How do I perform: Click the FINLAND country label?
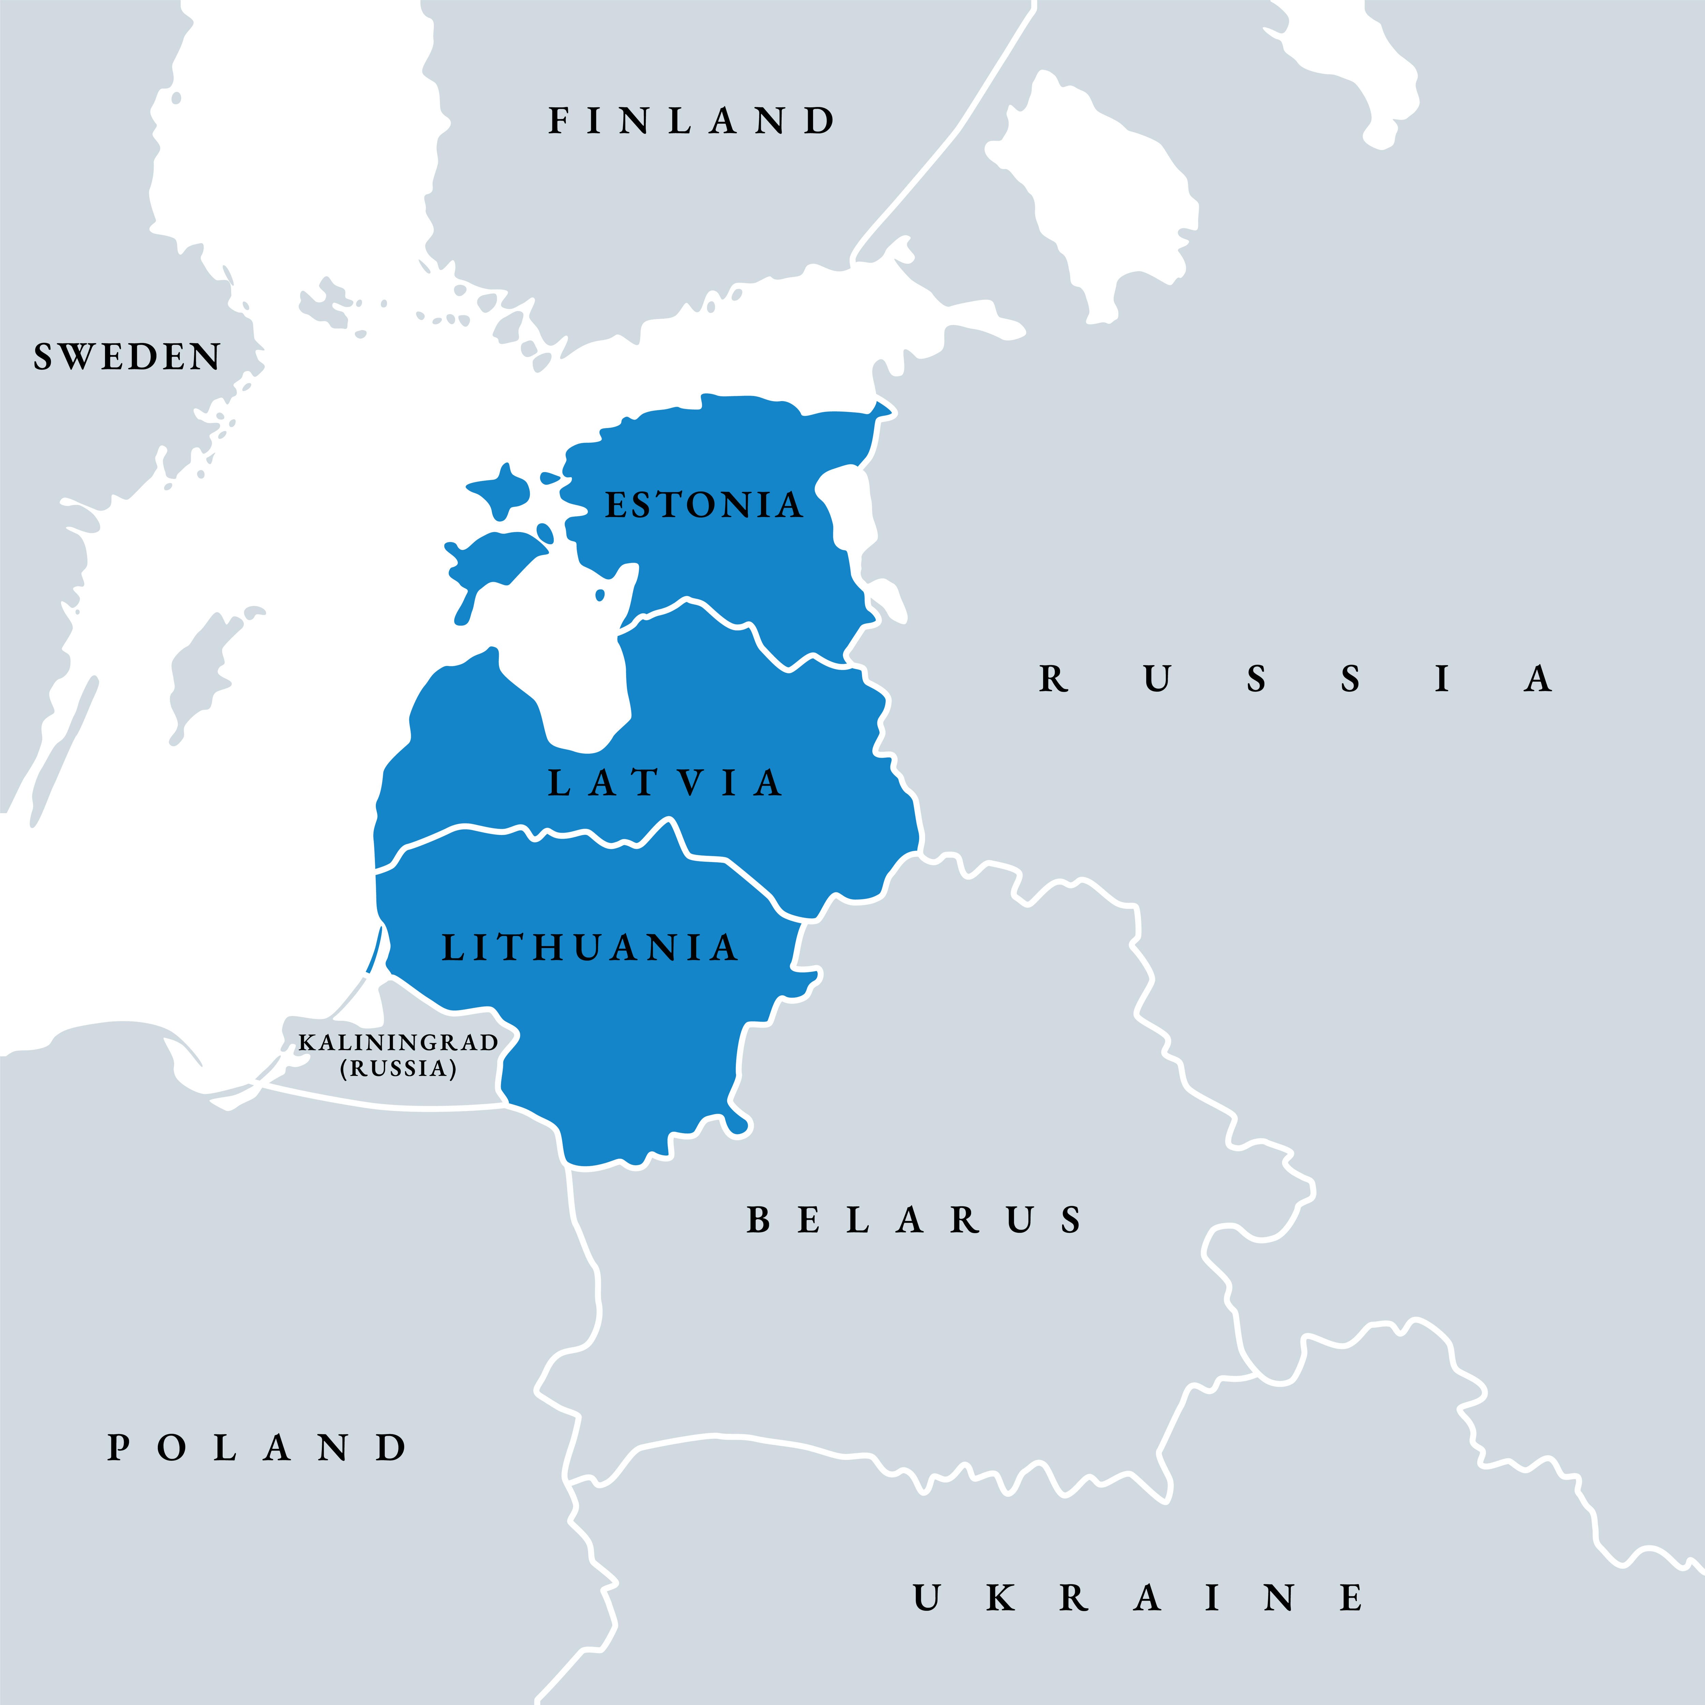[691, 121]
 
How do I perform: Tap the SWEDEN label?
[127, 357]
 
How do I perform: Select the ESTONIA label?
[703, 505]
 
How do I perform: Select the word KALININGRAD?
[398, 1042]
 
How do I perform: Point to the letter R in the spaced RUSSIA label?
[1053, 680]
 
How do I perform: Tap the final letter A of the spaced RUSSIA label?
[1537, 680]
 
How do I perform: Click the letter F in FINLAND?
[558, 121]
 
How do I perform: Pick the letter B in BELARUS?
[758, 1220]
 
